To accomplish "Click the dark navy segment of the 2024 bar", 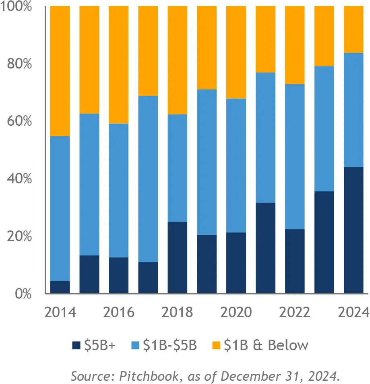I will (353, 230).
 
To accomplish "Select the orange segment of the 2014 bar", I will (60, 71).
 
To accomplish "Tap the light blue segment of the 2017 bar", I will (148, 179).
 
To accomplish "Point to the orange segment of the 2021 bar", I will (266, 39).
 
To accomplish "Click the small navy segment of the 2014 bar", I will (60, 287).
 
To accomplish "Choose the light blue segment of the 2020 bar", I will (236, 165).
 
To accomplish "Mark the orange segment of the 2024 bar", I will (353, 29).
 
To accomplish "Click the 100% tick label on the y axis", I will (17, 7).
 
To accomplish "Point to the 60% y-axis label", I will (19, 121).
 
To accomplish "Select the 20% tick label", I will (19, 236).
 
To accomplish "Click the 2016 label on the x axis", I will (119, 313).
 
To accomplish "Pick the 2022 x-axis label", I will (295, 313).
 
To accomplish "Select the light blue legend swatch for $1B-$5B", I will (136, 346).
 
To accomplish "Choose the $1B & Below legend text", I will (266, 345).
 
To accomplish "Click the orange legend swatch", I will (217, 346).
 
